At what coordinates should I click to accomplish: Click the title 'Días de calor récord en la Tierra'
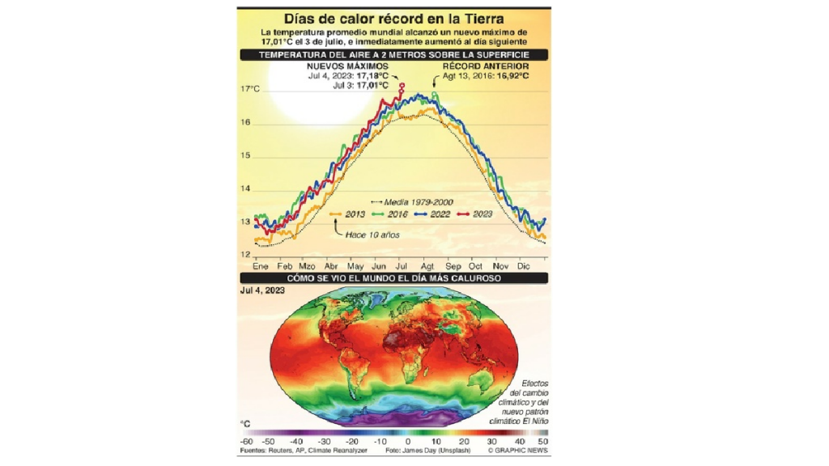pyautogui.click(x=394, y=18)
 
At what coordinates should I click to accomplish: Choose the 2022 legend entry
pyautogui.click(x=437, y=214)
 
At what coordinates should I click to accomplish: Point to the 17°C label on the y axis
pyautogui.click(x=251, y=89)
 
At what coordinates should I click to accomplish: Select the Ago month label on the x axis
pyautogui.click(x=427, y=266)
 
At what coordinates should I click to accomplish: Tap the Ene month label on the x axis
pyautogui.click(x=260, y=266)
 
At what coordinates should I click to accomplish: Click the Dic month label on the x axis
pyautogui.click(x=523, y=266)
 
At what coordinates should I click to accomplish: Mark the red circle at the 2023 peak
pyautogui.click(x=402, y=85)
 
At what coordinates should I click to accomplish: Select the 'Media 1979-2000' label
pyautogui.click(x=417, y=201)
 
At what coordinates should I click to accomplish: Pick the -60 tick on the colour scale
pyautogui.click(x=246, y=442)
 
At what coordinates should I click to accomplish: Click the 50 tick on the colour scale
pyautogui.click(x=542, y=442)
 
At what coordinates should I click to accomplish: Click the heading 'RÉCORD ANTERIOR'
pyautogui.click(x=486, y=66)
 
